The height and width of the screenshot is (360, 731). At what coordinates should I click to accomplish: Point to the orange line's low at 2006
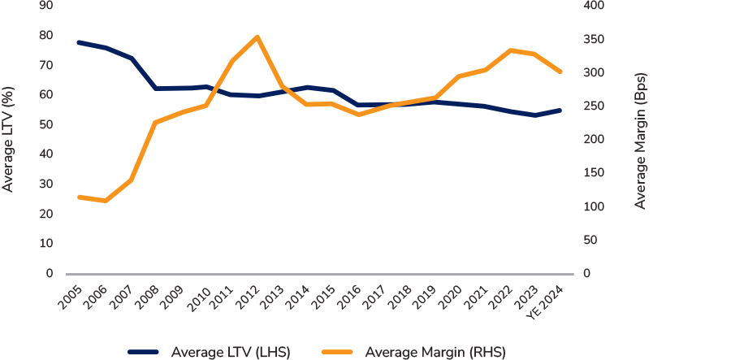105,201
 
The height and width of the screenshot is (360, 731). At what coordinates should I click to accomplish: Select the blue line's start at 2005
79,42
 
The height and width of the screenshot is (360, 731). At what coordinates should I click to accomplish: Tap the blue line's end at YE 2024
560,110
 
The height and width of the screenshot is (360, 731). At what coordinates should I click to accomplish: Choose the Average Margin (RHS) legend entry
413,352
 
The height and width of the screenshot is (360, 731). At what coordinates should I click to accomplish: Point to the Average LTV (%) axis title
9,140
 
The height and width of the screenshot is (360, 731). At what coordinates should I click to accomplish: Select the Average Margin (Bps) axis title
640,140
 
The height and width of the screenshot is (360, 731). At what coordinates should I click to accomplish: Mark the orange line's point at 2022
510,50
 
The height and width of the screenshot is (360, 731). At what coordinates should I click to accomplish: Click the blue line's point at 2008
155,88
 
